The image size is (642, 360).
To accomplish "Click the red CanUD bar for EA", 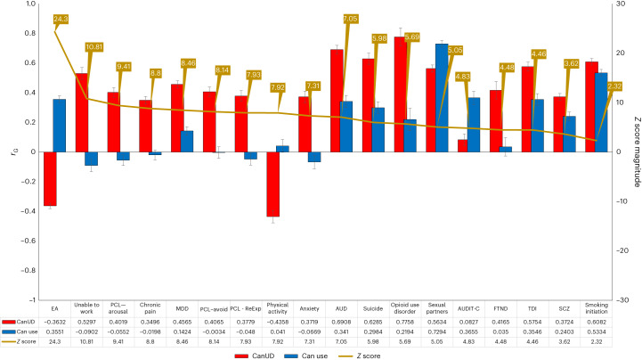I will (46, 178).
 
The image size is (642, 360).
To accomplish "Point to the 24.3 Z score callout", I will (61, 19).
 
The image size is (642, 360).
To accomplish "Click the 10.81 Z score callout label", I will (95, 46).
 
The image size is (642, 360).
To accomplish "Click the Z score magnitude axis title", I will (635, 151).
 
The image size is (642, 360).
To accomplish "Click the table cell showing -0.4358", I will (278, 321).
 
